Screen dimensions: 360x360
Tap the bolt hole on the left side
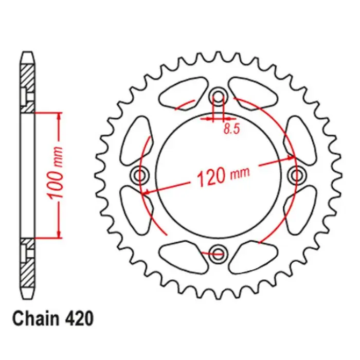click(140, 175)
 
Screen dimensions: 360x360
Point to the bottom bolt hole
click(219, 253)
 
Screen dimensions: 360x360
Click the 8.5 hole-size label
click(231, 130)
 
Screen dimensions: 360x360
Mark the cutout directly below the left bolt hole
click(138, 212)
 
